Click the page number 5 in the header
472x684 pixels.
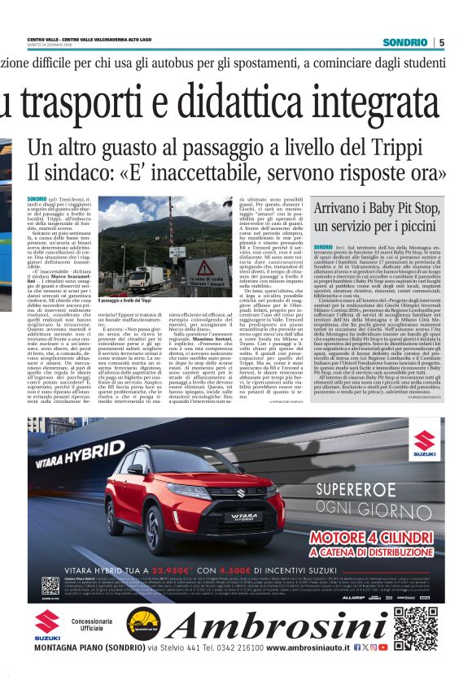(441, 42)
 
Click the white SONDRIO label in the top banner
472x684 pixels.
(405, 42)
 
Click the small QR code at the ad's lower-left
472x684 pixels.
(50, 585)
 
